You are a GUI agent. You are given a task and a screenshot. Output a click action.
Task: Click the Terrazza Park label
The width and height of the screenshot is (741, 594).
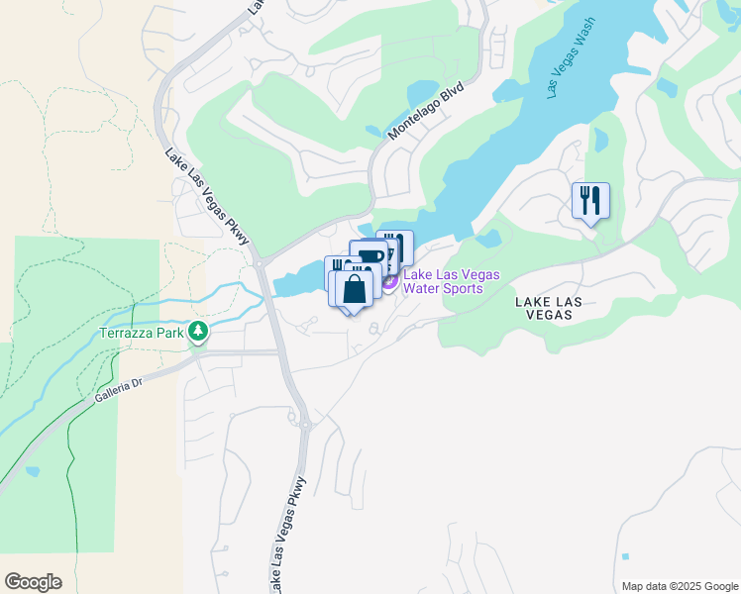(142, 334)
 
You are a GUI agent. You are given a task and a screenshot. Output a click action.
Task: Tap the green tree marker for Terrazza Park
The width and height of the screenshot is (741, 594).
(199, 332)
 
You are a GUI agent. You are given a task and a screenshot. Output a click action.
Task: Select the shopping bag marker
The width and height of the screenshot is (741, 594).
(354, 290)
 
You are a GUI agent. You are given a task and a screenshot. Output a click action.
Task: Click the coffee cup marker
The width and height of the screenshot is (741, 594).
(370, 258)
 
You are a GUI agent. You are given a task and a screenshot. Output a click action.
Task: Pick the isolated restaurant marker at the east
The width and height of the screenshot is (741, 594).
(590, 202)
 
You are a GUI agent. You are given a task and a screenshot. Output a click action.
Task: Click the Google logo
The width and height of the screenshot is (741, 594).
(33, 582)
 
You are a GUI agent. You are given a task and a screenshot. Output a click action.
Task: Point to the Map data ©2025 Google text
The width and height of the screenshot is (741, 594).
(679, 585)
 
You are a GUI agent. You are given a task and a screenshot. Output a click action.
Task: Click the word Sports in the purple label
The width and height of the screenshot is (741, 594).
(462, 288)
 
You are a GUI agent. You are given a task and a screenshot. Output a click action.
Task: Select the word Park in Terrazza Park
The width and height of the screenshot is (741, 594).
(170, 334)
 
